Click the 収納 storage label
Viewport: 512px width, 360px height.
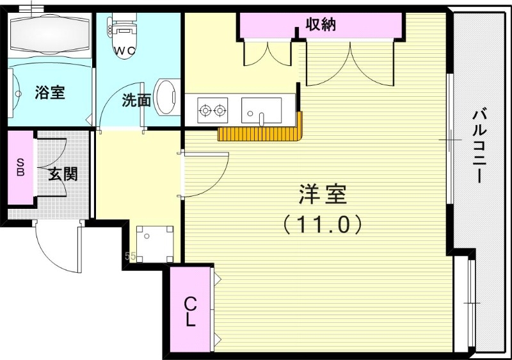[x=320, y=25]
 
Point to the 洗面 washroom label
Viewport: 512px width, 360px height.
[x=136, y=100]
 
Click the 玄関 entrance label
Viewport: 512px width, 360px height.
[x=63, y=173]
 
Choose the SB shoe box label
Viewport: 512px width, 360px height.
[x=20, y=167]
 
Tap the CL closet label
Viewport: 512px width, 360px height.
[x=190, y=311]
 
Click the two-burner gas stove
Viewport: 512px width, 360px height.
[x=212, y=110]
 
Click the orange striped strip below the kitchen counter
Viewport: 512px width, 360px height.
[x=259, y=133]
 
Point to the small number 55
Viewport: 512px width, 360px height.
[x=130, y=257]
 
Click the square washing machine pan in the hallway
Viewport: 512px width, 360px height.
[x=154, y=243]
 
